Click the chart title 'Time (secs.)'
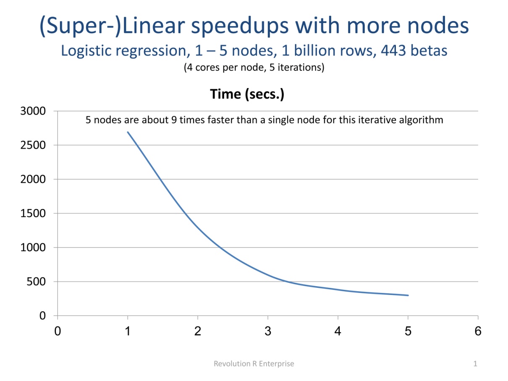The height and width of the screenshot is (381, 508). (x=247, y=94)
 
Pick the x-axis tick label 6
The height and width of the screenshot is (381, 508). (x=478, y=331)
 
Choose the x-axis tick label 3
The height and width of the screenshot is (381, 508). (x=268, y=331)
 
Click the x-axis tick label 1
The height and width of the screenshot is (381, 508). (x=128, y=331)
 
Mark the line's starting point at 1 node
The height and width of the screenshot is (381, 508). (x=128, y=132)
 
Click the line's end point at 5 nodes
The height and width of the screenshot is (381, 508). (x=408, y=295)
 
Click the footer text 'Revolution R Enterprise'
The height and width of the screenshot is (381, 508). (x=254, y=364)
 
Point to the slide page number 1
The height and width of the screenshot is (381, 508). (x=475, y=364)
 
